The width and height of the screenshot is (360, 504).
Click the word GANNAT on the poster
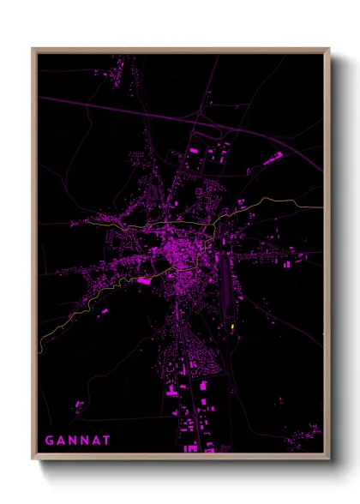click(x=78, y=441)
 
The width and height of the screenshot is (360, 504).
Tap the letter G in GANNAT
click(x=50, y=441)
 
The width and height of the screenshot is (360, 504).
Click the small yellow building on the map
click(x=232, y=327)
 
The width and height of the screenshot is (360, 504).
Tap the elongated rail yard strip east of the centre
click(x=225, y=283)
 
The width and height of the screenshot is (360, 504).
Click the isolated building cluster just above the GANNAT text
click(x=79, y=405)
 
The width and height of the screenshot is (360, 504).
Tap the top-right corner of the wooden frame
click(x=328, y=50)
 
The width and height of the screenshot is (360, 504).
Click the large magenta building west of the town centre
click(x=144, y=280)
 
